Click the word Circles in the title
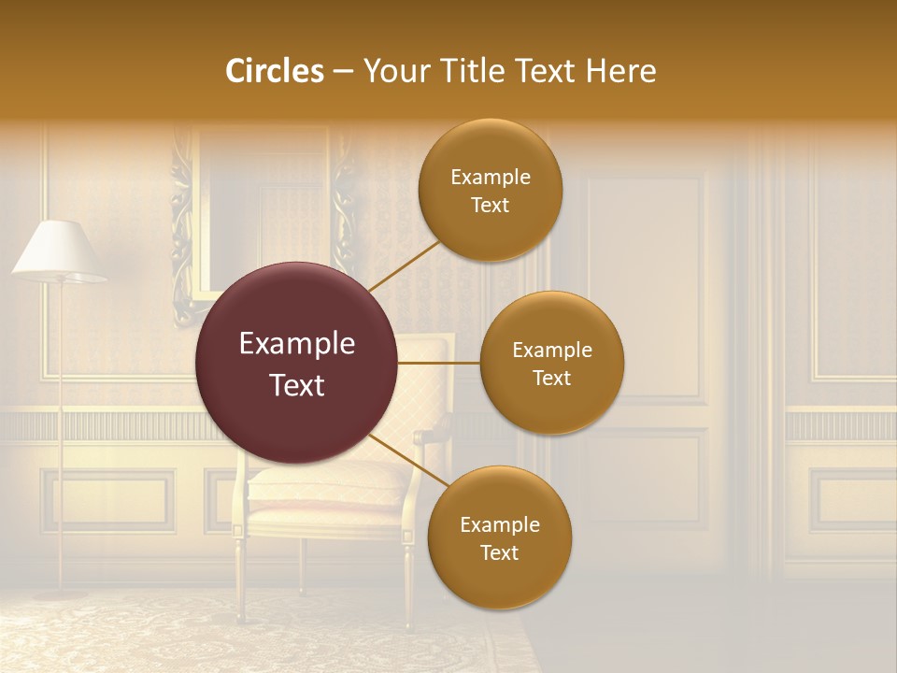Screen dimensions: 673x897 click(274, 71)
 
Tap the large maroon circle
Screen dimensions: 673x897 click(297, 363)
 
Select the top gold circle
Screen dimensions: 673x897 click(490, 190)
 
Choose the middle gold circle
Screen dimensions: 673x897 click(551, 363)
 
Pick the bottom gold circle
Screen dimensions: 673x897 click(499, 537)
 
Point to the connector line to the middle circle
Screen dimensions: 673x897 click(439, 363)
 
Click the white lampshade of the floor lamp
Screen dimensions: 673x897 click(58, 251)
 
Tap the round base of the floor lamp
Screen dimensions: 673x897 click(61, 593)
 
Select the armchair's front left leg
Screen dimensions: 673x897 click(240, 580)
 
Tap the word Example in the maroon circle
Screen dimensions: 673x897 click(297, 344)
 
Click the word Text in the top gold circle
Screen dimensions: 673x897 click(490, 206)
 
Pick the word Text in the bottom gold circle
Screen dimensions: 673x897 click(499, 553)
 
